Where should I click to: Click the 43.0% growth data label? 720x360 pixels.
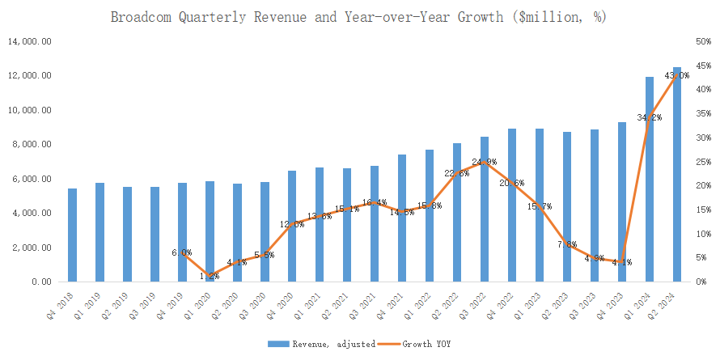tap(676, 75)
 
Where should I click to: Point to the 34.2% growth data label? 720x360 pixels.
tap(649, 117)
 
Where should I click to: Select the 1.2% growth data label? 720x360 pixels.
tap(210, 276)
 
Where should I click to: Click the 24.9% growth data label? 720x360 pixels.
tap(485, 163)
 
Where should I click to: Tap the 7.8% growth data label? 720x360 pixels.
tap(567, 244)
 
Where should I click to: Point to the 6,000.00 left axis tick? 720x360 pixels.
tap(32, 179)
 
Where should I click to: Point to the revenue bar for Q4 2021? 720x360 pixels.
tap(402, 218)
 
